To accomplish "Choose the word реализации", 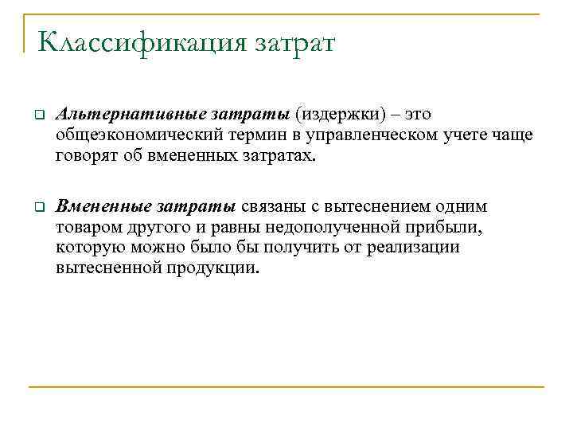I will coord(413,248).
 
